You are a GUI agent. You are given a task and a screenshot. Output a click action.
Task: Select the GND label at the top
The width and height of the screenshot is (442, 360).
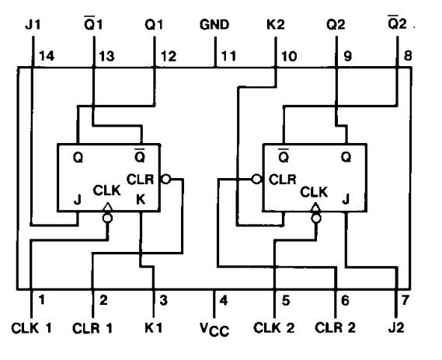(215, 24)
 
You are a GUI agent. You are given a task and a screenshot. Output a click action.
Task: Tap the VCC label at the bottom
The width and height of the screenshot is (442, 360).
(215, 328)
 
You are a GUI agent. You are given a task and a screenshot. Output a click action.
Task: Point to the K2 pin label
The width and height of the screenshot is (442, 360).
(277, 24)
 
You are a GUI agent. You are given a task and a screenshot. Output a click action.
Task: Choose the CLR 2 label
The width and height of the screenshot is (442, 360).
(336, 327)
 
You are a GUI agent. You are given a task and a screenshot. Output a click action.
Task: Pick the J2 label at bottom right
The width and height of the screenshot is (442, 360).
(397, 327)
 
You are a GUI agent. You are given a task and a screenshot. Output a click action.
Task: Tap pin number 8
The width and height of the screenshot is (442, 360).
(407, 56)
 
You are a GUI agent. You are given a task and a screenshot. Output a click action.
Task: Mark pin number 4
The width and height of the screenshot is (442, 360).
(224, 299)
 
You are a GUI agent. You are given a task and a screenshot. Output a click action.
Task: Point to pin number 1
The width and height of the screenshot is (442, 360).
(43, 299)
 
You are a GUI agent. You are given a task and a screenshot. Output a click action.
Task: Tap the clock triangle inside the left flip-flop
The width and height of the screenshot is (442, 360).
(106, 207)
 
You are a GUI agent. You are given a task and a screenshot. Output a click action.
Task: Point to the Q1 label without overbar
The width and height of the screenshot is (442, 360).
(154, 24)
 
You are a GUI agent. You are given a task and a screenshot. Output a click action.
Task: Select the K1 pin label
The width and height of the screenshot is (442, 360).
(154, 327)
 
